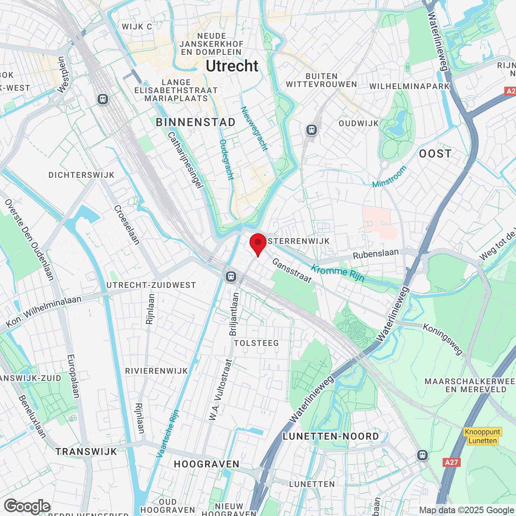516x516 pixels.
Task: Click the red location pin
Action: click(x=258, y=243)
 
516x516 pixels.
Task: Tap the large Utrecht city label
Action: click(x=232, y=66)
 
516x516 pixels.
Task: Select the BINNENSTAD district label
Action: click(x=196, y=123)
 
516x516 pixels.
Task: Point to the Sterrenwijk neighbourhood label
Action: click(x=299, y=241)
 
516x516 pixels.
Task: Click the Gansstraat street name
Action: click(x=292, y=270)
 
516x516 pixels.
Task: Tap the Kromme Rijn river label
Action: click(x=338, y=273)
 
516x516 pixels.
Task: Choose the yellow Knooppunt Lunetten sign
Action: click(x=483, y=436)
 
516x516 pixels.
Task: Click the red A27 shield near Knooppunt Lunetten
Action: click(x=451, y=462)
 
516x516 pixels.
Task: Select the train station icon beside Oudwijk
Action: click(x=311, y=130)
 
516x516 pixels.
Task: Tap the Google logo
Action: click(x=27, y=506)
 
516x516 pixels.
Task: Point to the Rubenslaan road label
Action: click(x=375, y=254)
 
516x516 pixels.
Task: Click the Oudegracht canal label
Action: click(x=227, y=160)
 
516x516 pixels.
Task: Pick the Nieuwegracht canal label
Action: click(x=254, y=129)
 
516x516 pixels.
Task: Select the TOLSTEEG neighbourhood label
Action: click(x=256, y=343)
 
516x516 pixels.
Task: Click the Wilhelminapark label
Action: click(x=409, y=86)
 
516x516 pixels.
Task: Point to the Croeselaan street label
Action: click(x=127, y=225)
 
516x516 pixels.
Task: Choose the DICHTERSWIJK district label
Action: click(x=81, y=175)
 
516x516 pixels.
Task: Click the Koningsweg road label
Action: click(x=443, y=339)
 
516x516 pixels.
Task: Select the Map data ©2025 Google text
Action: click(x=467, y=510)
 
